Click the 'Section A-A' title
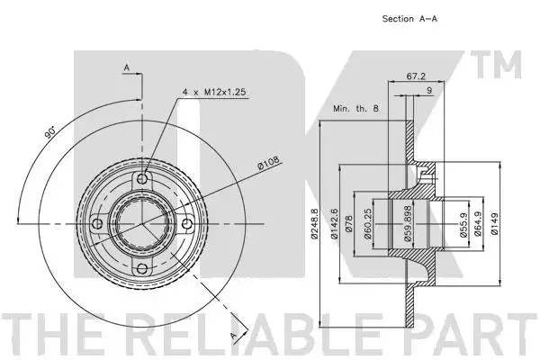tap(409, 19)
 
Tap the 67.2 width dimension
tap(416, 76)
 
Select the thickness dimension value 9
tap(429, 90)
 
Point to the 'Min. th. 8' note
tap(355, 108)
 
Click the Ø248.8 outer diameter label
tap(314, 223)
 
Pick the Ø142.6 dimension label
tap(333, 223)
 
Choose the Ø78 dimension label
tap(348, 223)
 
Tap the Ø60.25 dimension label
tap(367, 223)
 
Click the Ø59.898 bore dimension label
tap(408, 223)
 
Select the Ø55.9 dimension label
tap(463, 224)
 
